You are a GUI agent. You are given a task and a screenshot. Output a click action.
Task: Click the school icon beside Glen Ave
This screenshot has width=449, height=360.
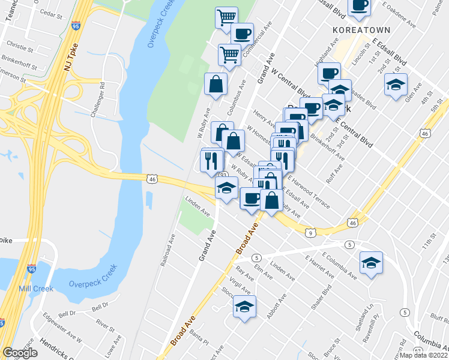click(396, 85)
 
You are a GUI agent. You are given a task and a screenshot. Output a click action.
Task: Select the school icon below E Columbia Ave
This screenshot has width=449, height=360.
click(372, 262)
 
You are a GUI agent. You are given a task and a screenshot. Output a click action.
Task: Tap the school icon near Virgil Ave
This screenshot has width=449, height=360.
click(244, 307)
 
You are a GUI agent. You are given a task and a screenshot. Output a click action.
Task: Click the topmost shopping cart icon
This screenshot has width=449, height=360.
click(226, 17)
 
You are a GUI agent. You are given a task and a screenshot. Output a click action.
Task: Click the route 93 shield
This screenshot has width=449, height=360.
click(223, 175)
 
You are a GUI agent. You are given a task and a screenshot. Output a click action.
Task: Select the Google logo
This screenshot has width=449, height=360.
click(20, 353)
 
